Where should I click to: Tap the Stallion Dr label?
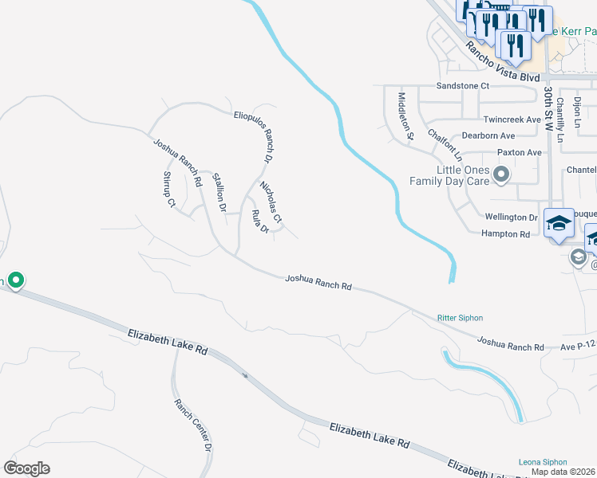click(x=219, y=192)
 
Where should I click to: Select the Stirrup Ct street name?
click(x=169, y=190)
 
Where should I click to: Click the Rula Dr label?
click(x=260, y=221)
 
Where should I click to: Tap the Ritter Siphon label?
click(x=460, y=318)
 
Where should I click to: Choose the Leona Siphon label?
click(x=543, y=462)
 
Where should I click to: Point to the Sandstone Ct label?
click(x=462, y=85)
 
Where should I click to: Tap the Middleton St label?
click(x=405, y=116)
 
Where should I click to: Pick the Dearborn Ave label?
click(x=488, y=136)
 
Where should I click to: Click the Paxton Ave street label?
click(x=519, y=152)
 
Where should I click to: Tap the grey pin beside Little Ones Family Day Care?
click(x=502, y=173)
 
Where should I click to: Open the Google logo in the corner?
click(x=26, y=468)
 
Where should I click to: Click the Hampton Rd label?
click(x=505, y=234)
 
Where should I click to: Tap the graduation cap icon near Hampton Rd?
click(x=559, y=223)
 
